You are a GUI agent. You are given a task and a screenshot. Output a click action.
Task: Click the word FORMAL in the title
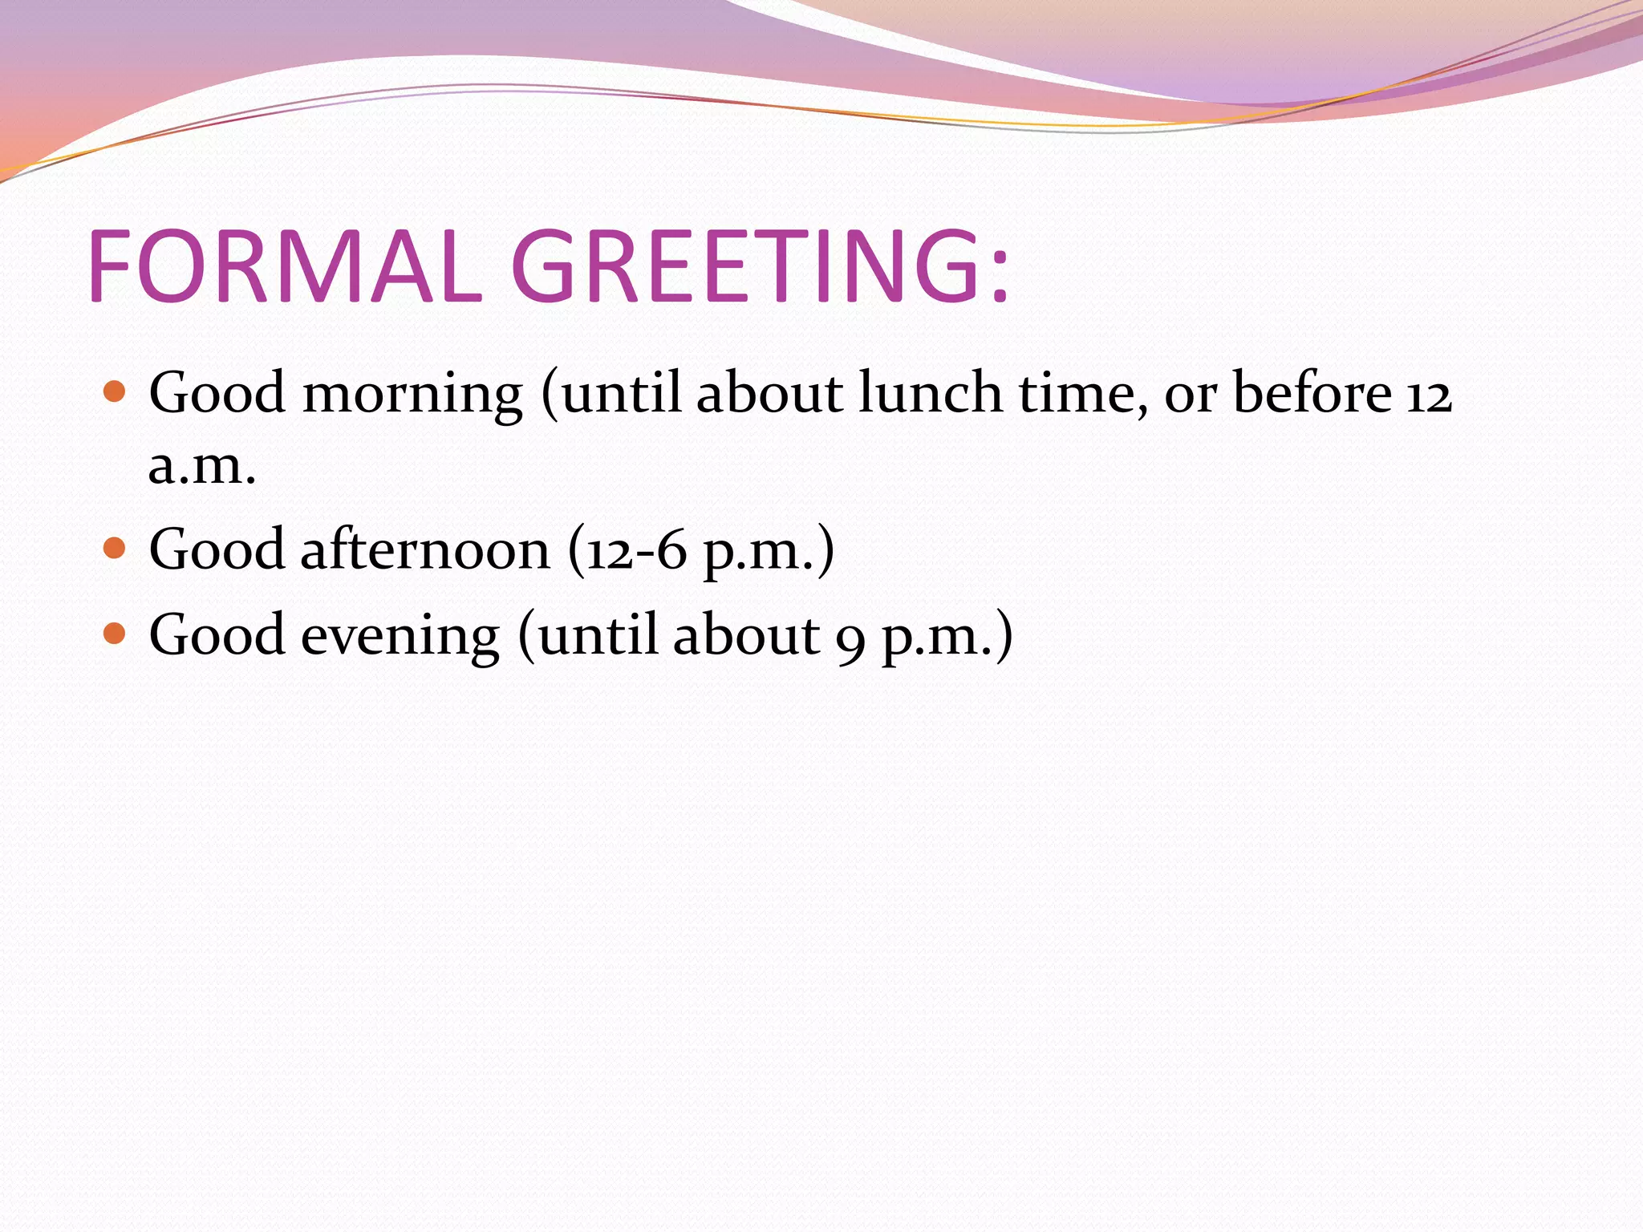pyautogui.click(x=285, y=266)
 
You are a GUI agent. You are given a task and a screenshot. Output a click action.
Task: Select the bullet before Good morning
pyautogui.click(x=116, y=392)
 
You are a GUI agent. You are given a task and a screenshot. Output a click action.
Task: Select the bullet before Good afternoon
pyautogui.click(x=116, y=549)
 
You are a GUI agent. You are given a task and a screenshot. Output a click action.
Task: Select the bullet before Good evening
pyautogui.click(x=116, y=634)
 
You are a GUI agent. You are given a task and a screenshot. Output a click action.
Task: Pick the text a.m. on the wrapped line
pyautogui.click(x=202, y=467)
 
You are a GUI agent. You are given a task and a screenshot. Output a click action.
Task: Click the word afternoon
pyautogui.click(x=425, y=550)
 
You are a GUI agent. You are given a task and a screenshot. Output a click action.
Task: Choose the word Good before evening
pyautogui.click(x=217, y=634)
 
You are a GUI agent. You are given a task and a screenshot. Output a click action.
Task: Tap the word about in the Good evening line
pyautogui.click(x=747, y=634)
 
